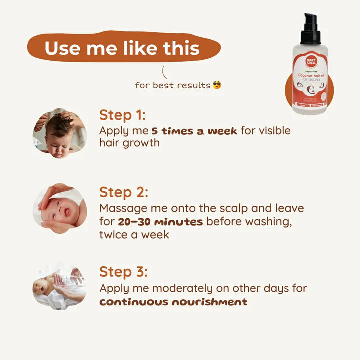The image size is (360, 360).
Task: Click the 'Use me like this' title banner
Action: point(122,49)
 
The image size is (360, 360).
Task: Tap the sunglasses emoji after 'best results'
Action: point(217,85)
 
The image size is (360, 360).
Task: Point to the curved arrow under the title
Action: point(165,71)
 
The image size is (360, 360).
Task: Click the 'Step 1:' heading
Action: point(122,115)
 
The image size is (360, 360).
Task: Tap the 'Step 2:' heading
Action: point(124,192)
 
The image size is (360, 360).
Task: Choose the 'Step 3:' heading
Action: point(124,272)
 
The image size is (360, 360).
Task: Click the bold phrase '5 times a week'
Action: point(194,131)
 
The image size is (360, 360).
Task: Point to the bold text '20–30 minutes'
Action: point(160,221)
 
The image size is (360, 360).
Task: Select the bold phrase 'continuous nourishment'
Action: point(173,302)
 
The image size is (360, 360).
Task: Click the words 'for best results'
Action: point(172,85)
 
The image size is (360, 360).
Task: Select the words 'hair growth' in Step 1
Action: point(129,143)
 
